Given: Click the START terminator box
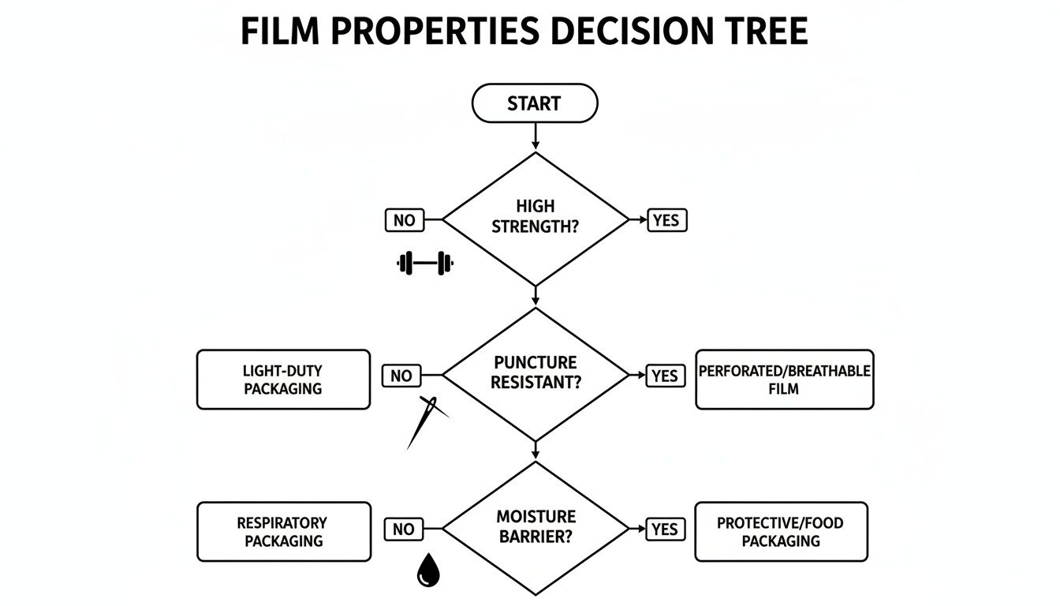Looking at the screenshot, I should (x=534, y=103).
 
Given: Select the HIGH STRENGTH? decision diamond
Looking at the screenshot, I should (x=536, y=219).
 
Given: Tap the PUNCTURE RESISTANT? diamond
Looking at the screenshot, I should (x=536, y=373).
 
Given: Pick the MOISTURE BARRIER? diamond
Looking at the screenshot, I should (x=536, y=527).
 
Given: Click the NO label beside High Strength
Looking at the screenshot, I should (x=404, y=220).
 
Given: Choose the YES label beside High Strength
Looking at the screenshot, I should (x=666, y=220).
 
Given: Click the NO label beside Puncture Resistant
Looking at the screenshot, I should (x=401, y=376).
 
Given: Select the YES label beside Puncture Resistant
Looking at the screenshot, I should (x=665, y=376).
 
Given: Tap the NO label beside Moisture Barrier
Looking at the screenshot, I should (x=403, y=529).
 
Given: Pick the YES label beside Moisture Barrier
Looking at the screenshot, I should (x=665, y=529).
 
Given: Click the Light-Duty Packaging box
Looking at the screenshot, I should (x=283, y=380).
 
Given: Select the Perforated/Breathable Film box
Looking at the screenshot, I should (x=784, y=380).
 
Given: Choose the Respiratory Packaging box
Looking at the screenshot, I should (x=283, y=532).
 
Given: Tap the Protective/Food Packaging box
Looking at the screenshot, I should (x=780, y=532).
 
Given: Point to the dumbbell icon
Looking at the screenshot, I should (x=426, y=264).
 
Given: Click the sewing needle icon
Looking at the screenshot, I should (x=426, y=421).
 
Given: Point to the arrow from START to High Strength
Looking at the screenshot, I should (x=536, y=136).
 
